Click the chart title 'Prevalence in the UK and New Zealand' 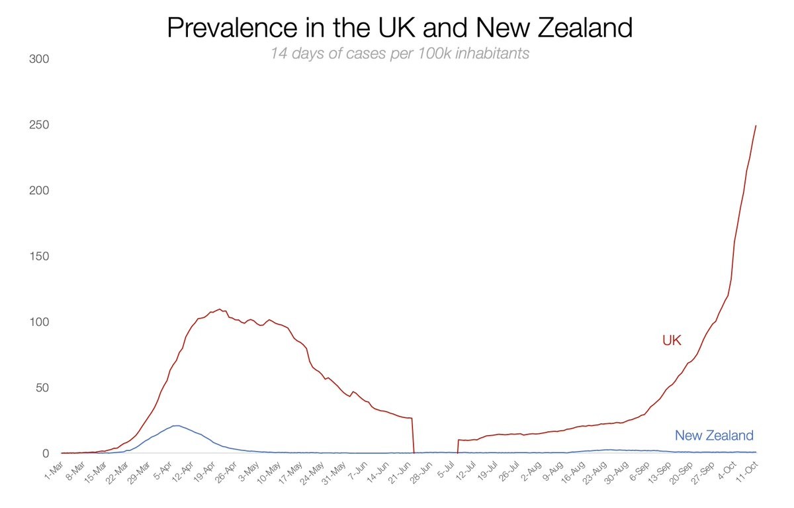(x=399, y=28)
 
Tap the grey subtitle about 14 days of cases (x=399, y=54)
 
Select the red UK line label (x=672, y=340)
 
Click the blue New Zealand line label (x=714, y=435)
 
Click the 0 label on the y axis (x=46, y=454)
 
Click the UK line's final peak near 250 (x=756, y=126)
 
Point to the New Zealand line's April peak (x=177, y=425)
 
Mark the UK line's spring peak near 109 (x=219, y=309)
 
